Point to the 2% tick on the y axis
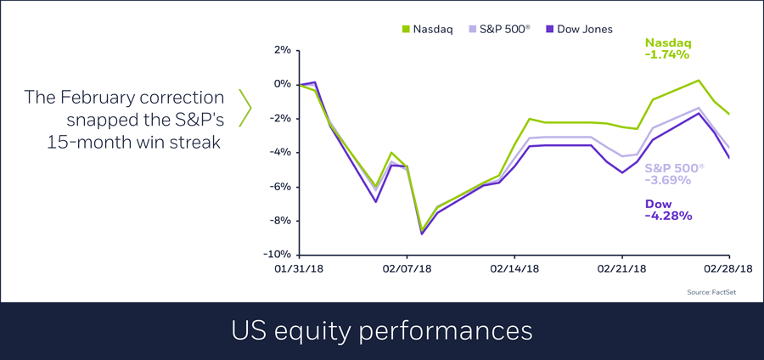tap(281, 50)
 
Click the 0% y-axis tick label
tap(281, 84)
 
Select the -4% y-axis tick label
tap(279, 152)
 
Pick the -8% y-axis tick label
tap(279, 220)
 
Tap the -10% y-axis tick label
tap(278, 254)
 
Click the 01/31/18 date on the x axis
tap(300, 268)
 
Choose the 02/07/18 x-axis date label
tap(407, 268)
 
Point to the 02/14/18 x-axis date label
tap(514, 268)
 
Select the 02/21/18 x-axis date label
tap(622, 268)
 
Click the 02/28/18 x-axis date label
tap(728, 268)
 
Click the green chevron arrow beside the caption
tap(245, 108)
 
